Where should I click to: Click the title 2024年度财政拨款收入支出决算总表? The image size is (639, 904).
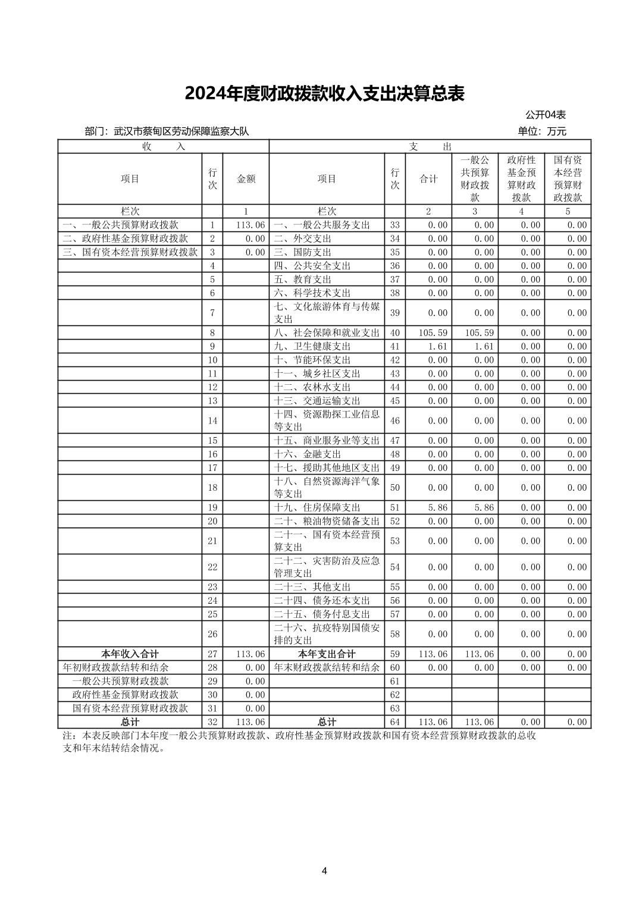click(324, 94)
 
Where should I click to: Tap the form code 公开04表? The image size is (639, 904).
click(545, 115)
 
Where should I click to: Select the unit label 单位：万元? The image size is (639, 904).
click(541, 131)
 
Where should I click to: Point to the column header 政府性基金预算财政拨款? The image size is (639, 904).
click(521, 179)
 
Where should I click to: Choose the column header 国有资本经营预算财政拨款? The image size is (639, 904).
click(568, 179)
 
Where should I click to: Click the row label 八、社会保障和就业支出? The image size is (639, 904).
click(326, 333)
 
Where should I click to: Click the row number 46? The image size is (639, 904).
click(394, 421)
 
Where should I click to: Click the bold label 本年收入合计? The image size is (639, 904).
click(130, 654)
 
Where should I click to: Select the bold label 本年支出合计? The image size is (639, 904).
click(327, 654)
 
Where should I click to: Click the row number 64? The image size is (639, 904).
click(394, 722)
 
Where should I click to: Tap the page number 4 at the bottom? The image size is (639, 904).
click(324, 871)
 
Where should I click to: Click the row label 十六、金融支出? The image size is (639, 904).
click(307, 454)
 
